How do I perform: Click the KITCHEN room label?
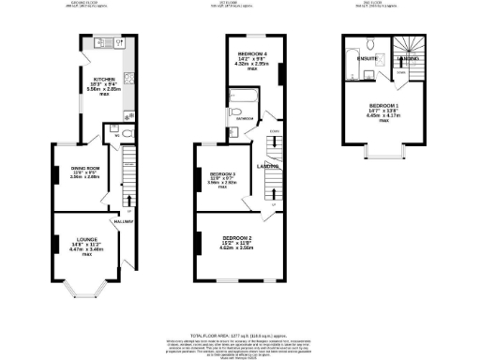point(103,79)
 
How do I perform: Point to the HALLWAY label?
point(122,220)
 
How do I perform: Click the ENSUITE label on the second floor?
point(367,59)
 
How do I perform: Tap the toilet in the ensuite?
point(371,44)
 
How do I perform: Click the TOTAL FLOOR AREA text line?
point(240,334)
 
